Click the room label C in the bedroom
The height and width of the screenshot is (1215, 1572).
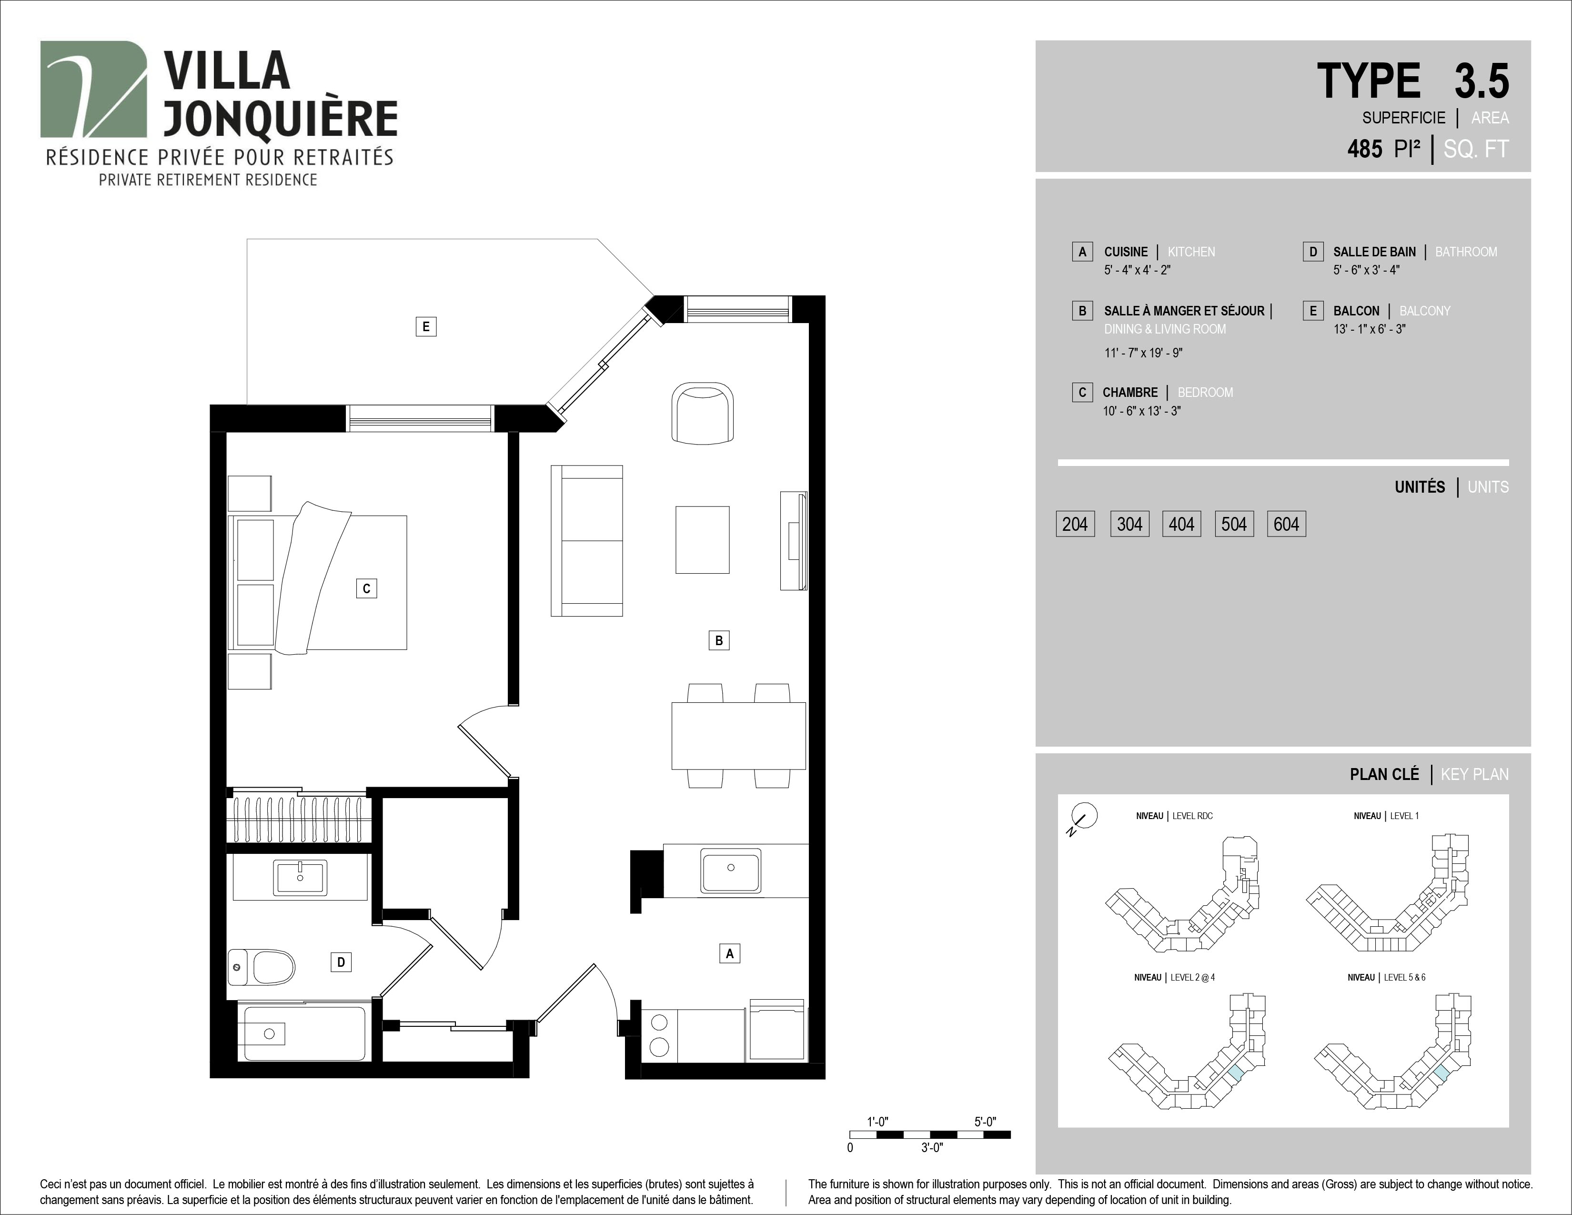pos(366,589)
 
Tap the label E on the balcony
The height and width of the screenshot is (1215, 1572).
pos(426,327)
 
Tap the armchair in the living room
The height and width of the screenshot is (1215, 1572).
pos(703,414)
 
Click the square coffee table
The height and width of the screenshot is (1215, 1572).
pos(703,540)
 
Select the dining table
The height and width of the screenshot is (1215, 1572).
pos(738,736)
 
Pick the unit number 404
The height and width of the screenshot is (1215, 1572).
pos(1181,524)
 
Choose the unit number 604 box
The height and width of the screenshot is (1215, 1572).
pos(1286,524)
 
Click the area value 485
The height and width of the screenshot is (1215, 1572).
pos(1365,149)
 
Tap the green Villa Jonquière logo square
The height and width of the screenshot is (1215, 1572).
pos(93,89)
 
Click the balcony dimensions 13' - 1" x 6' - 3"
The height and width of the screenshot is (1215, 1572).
pos(1369,329)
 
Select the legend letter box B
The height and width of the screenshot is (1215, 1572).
pos(1082,311)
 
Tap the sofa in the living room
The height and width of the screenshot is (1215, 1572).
pos(586,541)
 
